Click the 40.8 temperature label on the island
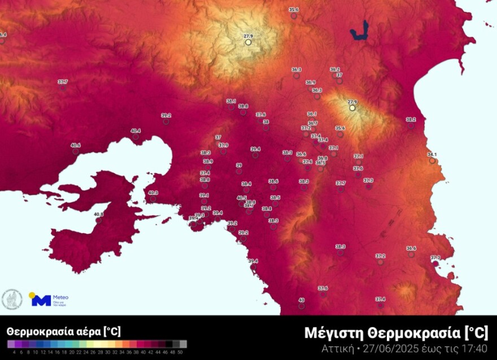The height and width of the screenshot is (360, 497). click(x=99, y=214)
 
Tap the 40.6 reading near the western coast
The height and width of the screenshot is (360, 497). click(x=76, y=145)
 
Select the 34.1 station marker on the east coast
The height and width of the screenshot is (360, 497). click(x=432, y=154)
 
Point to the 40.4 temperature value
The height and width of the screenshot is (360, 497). click(x=136, y=131)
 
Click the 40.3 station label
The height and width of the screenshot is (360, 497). click(x=153, y=193)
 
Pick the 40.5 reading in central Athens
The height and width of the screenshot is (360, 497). click(x=242, y=198)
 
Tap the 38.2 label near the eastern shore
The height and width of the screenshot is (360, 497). click(x=411, y=119)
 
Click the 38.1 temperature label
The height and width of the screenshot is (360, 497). click(x=231, y=101)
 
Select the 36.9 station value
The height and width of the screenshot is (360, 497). click(x=311, y=82)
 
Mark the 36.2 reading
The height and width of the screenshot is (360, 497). click(x=335, y=69)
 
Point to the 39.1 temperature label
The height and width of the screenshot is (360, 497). click(x=204, y=195)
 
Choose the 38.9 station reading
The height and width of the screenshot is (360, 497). click(x=208, y=161)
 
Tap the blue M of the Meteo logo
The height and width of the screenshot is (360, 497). click(x=41, y=301)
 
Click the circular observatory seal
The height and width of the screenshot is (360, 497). click(x=12, y=299)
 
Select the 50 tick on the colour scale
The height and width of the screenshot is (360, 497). click(x=180, y=352)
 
